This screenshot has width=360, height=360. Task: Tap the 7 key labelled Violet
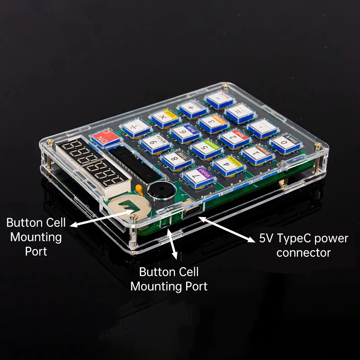(x=197, y=176)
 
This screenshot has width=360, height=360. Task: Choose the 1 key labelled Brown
(x=255, y=153)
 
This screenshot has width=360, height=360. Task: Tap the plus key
(x=193, y=108)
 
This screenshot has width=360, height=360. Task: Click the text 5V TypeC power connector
(x=303, y=245)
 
